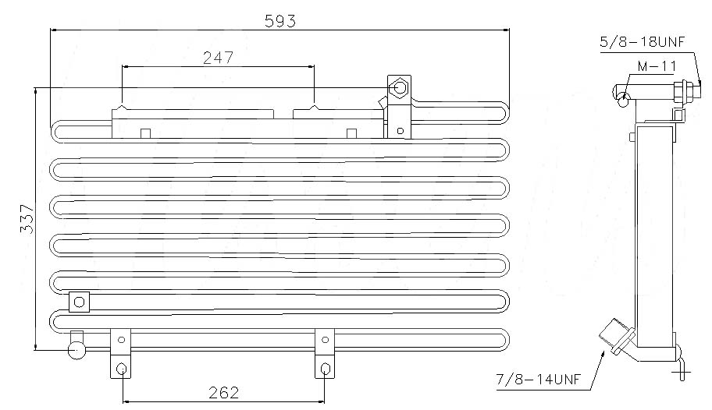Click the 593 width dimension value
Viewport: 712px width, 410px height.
279,21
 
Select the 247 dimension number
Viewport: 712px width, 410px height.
218,58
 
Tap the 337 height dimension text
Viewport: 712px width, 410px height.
27,219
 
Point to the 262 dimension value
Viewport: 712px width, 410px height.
223,392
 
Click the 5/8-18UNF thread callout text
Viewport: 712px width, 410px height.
642,42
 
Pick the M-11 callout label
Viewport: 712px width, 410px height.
657,66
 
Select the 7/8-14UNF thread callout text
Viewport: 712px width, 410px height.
539,379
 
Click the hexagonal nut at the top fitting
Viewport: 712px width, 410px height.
400,87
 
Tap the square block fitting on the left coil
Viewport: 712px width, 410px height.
79,302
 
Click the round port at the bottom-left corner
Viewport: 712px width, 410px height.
77,350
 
